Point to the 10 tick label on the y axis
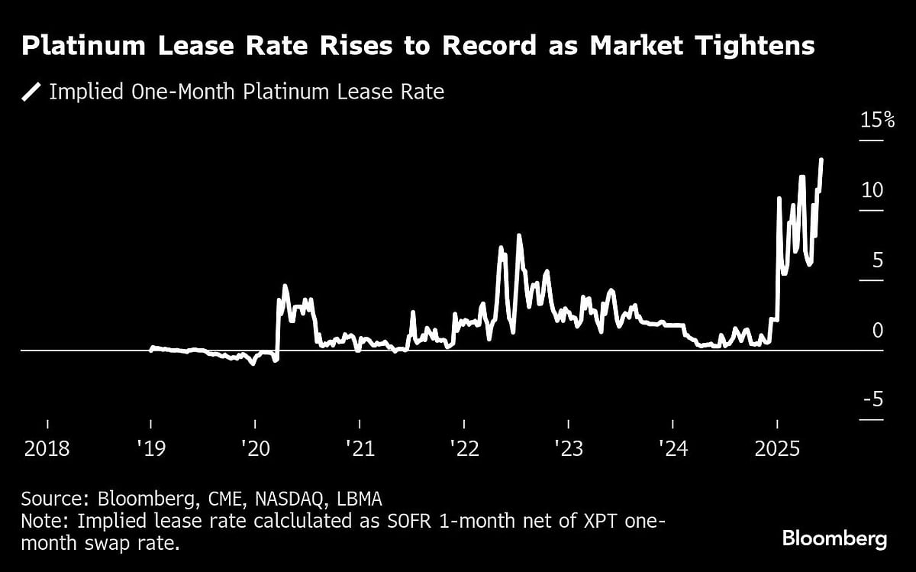(x=872, y=190)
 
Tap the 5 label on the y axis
(x=877, y=260)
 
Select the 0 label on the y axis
(x=877, y=331)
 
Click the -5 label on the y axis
(x=872, y=400)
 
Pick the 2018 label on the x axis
(x=47, y=448)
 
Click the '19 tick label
(x=151, y=448)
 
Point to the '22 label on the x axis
(x=464, y=448)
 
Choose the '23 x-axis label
(x=568, y=448)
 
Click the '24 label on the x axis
(x=672, y=448)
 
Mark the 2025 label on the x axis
(x=777, y=448)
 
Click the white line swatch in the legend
(x=31, y=92)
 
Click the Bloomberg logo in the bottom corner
(x=834, y=539)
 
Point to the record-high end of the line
(x=821, y=160)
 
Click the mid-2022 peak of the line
(x=519, y=236)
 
